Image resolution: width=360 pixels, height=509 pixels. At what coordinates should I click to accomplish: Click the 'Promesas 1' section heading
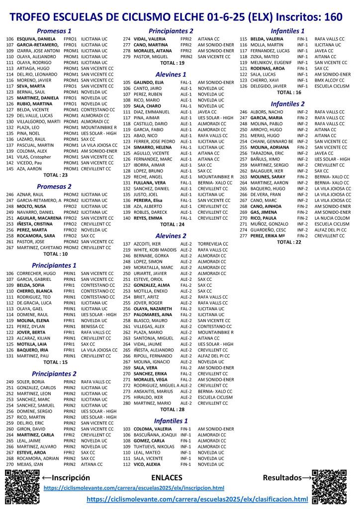click(54, 31)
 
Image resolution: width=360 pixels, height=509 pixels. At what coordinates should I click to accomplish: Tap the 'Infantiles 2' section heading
click(288, 104)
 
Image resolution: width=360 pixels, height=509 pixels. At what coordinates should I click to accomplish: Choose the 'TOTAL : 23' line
click(55, 175)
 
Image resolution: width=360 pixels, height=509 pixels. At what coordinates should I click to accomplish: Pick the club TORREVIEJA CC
click(214, 244)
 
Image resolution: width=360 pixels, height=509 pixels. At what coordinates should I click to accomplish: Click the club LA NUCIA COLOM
click(332, 218)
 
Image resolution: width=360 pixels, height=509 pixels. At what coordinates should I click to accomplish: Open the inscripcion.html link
click(141, 488)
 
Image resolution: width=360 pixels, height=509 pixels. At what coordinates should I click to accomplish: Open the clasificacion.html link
click(197, 498)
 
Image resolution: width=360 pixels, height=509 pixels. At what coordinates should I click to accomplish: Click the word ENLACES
click(167, 478)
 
